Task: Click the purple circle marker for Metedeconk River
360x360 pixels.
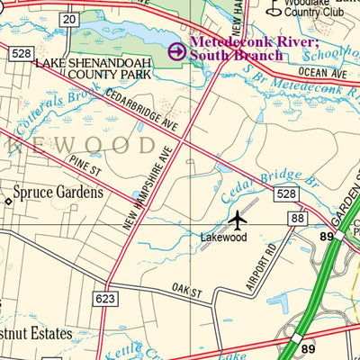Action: tap(177, 51)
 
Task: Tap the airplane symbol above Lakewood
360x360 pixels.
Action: tap(237, 219)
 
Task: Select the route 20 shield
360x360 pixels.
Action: tap(69, 18)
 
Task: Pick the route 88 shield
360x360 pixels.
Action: tap(296, 218)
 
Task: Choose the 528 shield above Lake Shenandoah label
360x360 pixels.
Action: tap(22, 55)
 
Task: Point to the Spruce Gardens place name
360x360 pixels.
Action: tap(55, 191)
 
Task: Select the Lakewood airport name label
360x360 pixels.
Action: tap(224, 237)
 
